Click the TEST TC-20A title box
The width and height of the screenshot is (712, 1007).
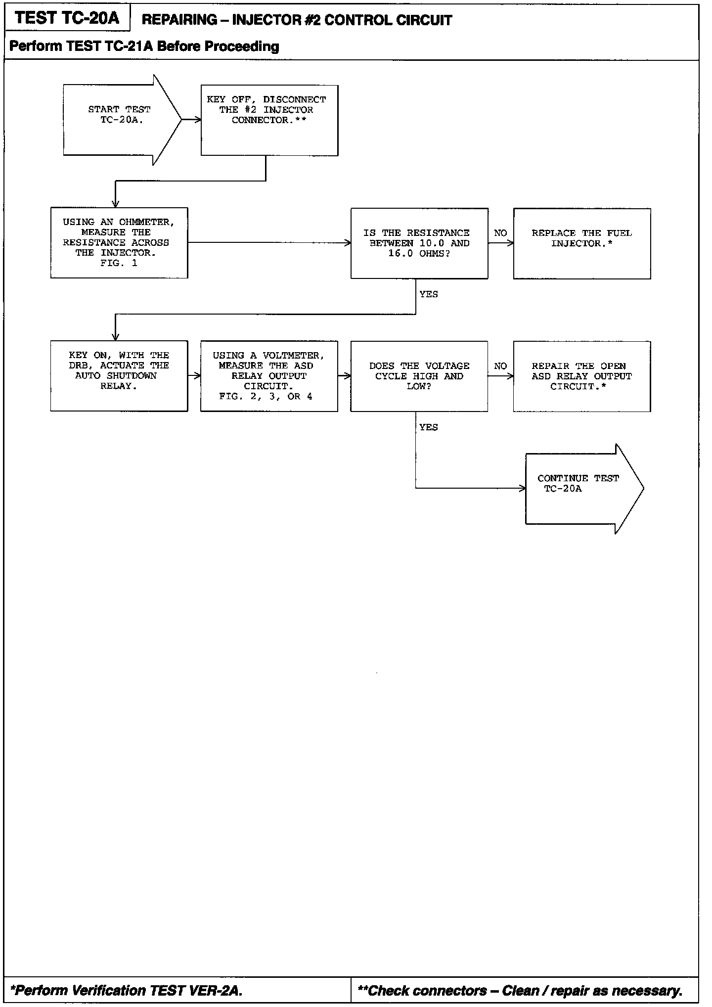pos(67,18)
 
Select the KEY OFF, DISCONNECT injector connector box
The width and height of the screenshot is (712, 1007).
pos(269,120)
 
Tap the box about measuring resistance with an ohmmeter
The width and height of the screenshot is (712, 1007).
pos(119,243)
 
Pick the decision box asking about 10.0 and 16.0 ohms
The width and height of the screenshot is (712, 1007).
pos(419,243)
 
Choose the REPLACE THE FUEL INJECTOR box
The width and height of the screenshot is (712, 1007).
pos(582,243)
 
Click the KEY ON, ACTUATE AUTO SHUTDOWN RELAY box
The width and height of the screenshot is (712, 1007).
pos(119,376)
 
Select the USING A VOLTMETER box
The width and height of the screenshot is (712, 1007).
pos(269,376)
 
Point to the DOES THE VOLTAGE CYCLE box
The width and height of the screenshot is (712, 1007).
pos(419,376)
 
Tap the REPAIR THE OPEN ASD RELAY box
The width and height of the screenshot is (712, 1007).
pos(582,376)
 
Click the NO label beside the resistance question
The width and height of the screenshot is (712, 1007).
pos(500,233)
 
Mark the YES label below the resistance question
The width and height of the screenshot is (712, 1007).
pos(429,294)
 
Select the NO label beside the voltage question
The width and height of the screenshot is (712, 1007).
pos(500,366)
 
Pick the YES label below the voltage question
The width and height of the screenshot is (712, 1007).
pos(429,427)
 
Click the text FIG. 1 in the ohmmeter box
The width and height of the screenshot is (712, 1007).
pos(119,263)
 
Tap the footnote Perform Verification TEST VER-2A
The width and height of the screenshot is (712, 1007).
pos(127,990)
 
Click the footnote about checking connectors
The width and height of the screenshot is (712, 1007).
pos(520,990)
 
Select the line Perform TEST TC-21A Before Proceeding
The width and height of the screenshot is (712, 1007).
pos(144,46)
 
